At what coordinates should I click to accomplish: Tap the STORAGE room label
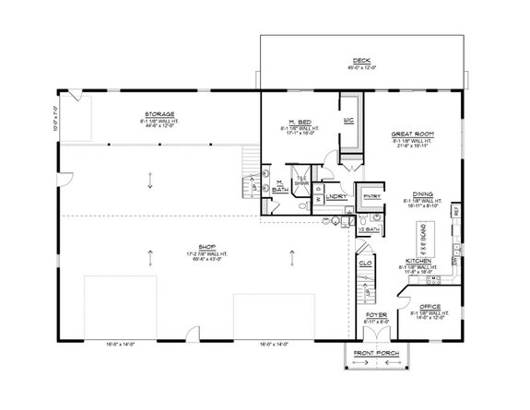click(x=160, y=114)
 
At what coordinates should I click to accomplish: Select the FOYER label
click(x=375, y=314)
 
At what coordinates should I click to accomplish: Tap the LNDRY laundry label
click(x=336, y=196)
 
